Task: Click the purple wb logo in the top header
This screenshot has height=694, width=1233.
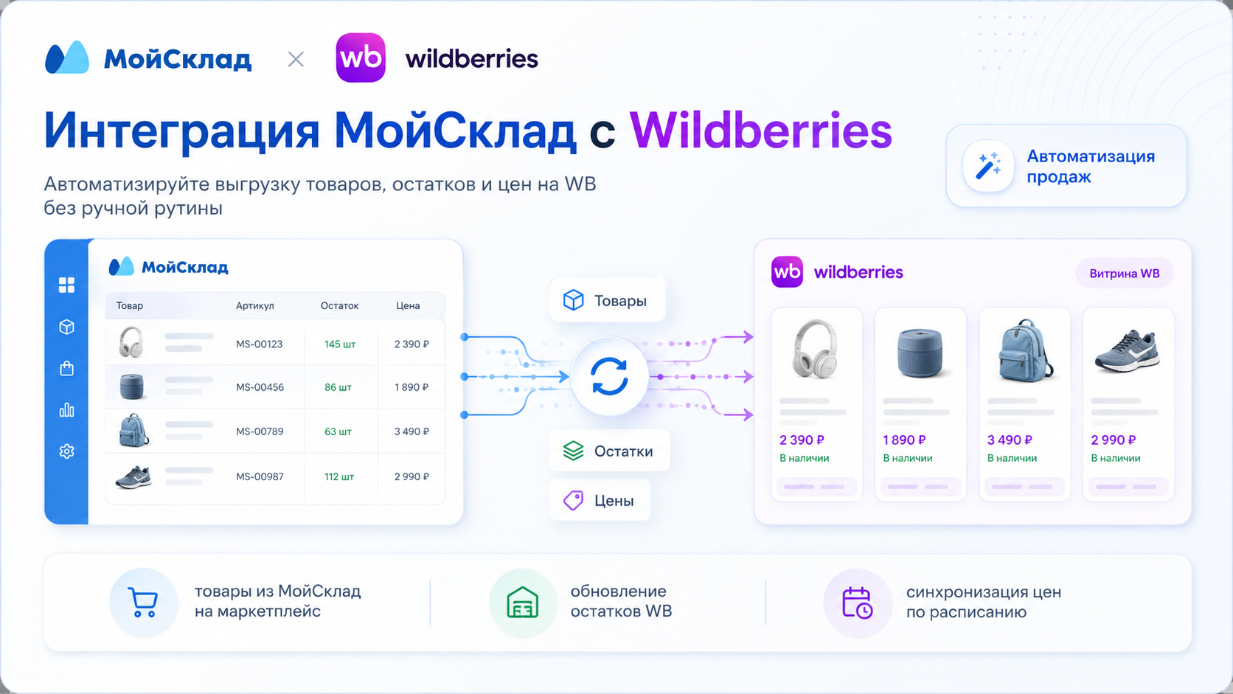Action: click(361, 58)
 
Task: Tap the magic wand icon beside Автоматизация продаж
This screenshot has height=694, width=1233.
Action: click(988, 166)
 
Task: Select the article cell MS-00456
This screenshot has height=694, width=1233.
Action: click(260, 387)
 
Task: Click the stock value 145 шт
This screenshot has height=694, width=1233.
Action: click(340, 344)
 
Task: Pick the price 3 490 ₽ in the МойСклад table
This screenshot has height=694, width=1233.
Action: click(411, 431)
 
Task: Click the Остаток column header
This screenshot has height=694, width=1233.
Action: click(340, 305)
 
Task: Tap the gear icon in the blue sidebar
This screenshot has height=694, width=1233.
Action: click(66, 451)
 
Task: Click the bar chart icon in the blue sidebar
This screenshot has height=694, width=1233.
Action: click(66, 410)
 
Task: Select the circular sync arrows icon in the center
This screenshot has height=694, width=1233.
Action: click(609, 376)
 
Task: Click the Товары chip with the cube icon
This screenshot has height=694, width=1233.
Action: click(607, 300)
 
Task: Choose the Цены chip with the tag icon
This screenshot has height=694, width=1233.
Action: click(600, 500)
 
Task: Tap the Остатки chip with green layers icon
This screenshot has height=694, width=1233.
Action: click(609, 451)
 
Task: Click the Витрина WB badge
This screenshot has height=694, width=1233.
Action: click(1125, 274)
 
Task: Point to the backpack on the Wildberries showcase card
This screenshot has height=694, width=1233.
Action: click(1024, 350)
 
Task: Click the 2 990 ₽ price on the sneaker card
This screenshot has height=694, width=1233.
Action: click(1113, 440)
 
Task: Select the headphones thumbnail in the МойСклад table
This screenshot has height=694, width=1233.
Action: click(131, 342)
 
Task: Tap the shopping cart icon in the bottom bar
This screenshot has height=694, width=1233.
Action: click(143, 602)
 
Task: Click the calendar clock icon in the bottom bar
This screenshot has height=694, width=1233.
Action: click(857, 603)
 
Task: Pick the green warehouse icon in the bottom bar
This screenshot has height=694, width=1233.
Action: click(522, 603)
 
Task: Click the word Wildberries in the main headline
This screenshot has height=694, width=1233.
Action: click(760, 131)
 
